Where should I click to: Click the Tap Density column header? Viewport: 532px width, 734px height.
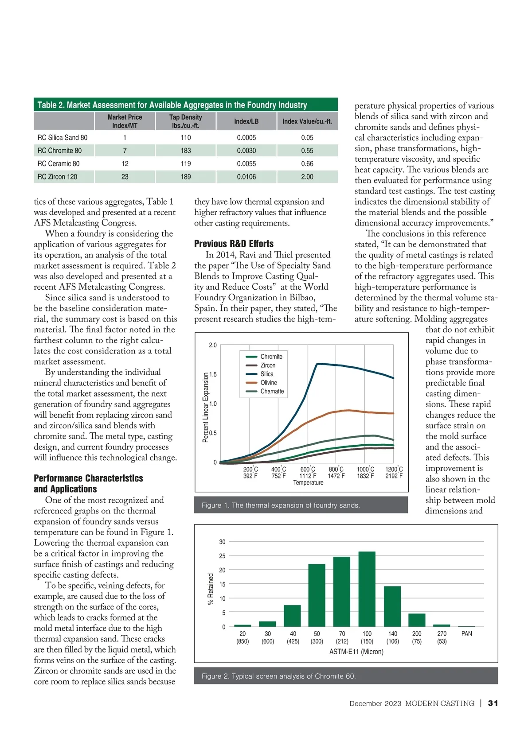(x=185, y=121)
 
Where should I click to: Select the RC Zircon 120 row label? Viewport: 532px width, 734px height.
(x=57, y=177)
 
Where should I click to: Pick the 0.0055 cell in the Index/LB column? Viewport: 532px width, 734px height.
(x=246, y=163)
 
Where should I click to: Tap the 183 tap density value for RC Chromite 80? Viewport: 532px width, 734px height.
(x=185, y=151)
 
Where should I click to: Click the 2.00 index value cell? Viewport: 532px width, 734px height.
(x=307, y=177)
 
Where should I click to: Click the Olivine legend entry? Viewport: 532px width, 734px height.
(x=268, y=383)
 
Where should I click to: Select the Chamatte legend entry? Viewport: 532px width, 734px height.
(x=272, y=391)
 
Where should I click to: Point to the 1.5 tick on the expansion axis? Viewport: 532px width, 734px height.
(x=213, y=374)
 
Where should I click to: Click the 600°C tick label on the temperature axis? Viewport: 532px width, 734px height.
(x=308, y=470)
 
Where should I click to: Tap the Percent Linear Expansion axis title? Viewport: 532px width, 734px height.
(x=205, y=407)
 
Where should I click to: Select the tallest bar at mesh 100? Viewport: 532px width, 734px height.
(x=367, y=589)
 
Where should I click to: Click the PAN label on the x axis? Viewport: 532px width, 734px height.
(x=466, y=634)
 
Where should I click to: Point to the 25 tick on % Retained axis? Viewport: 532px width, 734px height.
(x=222, y=556)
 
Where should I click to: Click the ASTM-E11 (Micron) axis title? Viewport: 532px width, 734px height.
(x=356, y=652)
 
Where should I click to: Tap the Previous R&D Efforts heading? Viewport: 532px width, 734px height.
(x=234, y=244)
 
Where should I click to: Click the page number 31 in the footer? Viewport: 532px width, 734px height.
(x=493, y=703)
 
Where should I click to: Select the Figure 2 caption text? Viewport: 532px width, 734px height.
(x=278, y=676)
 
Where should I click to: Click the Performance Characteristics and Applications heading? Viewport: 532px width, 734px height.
(x=88, y=484)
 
